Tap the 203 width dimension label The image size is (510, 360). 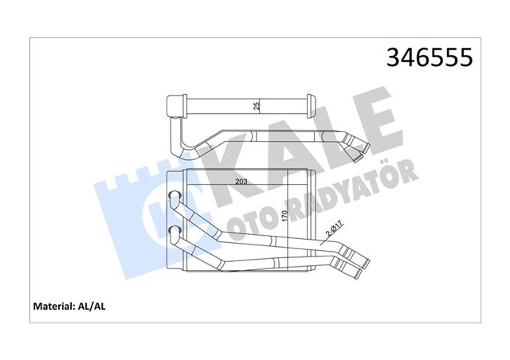pyautogui.click(x=241, y=182)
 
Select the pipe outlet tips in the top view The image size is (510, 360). pyautogui.click(x=360, y=147)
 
